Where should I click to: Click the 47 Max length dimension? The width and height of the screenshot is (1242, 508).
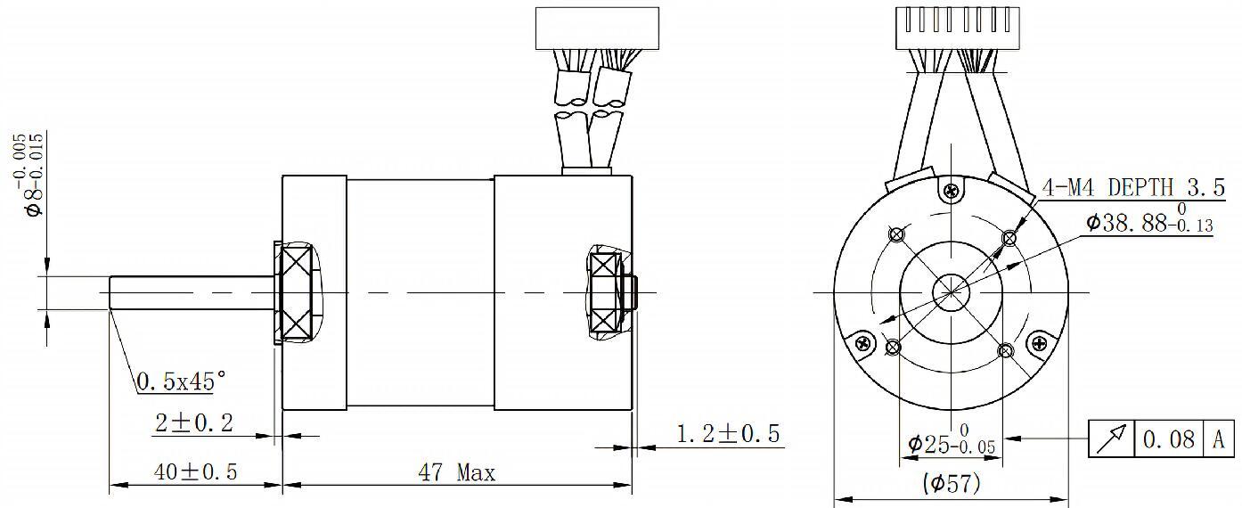pyautogui.click(x=456, y=472)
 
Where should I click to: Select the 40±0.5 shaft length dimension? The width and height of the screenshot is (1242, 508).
pyautogui.click(x=195, y=472)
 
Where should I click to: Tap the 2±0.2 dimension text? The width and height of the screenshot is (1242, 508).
pyautogui.click(x=194, y=423)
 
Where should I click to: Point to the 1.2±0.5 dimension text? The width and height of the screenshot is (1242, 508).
pyautogui.click(x=728, y=433)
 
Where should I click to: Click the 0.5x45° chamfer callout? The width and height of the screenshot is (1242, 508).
pyautogui.click(x=181, y=381)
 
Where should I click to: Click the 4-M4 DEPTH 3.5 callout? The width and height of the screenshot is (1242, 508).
pyautogui.click(x=1133, y=187)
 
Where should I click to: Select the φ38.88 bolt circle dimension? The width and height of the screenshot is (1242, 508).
pyautogui.click(x=1149, y=219)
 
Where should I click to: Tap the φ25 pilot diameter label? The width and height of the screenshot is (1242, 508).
pyautogui.click(x=952, y=439)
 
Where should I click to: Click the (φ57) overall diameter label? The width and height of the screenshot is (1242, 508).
pyautogui.click(x=952, y=483)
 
